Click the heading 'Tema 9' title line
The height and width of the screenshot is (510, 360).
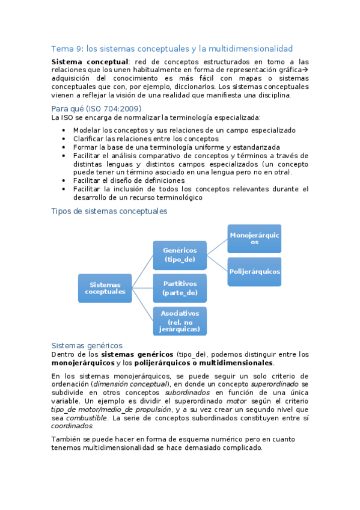172,48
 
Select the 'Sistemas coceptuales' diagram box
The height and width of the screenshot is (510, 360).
105,288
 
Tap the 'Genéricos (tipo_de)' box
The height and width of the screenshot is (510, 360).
180,255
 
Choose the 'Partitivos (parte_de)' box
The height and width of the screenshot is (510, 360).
180,288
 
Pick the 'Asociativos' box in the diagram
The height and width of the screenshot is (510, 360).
180,321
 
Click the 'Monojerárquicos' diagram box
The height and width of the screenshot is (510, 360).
254,238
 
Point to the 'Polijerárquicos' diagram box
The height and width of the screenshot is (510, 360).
254,271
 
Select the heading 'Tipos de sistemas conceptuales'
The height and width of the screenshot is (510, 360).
109,211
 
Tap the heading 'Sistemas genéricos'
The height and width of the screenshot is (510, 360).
87,345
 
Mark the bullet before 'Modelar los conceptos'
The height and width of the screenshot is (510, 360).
65,131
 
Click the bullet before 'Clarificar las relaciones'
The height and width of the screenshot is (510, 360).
65,139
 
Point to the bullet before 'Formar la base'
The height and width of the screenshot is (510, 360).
65,147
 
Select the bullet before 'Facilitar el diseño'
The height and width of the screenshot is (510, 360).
65,180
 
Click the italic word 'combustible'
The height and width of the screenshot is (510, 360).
87,417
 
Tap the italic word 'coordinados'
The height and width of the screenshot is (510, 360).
72,426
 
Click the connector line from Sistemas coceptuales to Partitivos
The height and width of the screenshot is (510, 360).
142,288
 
